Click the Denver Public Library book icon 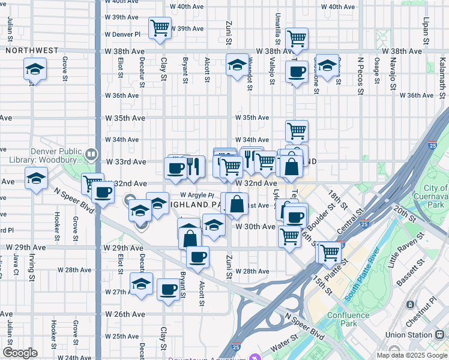pos(91,154)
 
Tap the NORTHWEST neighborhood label pos(32,51)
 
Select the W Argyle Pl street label pos(197,195)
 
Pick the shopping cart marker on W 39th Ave pos(160,28)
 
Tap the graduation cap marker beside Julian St pos(35,70)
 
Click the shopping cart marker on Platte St pos(330,253)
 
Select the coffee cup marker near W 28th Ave pos(197,257)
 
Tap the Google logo pos(20,353)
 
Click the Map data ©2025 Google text pos(412,355)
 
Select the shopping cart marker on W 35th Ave pos(297,130)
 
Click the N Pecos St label pos(361,75)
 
